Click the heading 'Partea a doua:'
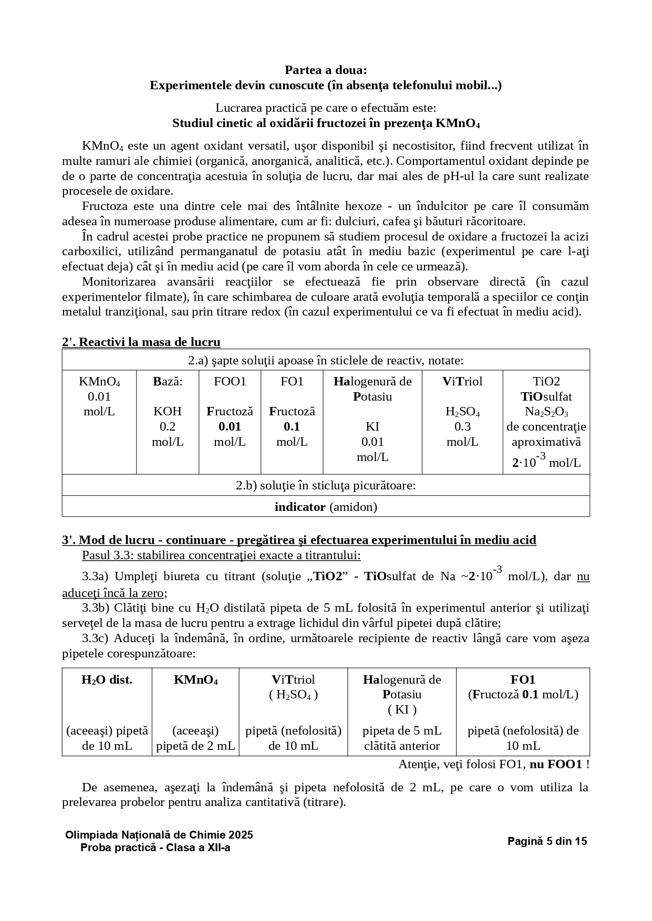pos(326,70)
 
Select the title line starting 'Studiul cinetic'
pos(326,123)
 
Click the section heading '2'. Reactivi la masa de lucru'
pos(141,342)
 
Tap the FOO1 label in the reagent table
pos(230,381)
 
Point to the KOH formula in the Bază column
pos(168,411)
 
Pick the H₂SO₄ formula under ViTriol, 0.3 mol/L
pos(462,412)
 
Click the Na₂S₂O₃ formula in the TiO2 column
pos(546,412)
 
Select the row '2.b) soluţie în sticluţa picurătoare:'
pos(326,485)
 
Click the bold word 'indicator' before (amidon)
pos(300,507)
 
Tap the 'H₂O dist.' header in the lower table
pos(107,679)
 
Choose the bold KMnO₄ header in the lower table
pos(195,679)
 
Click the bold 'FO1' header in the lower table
pos(523,679)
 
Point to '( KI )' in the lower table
pos(402,710)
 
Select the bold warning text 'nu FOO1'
pos(556,765)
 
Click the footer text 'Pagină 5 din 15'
pos(547,841)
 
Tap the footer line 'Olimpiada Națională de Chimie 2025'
pos(159,835)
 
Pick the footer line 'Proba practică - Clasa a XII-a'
pos(156,847)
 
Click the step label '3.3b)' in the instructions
pos(95,608)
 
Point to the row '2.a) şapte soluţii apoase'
pos(326,360)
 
